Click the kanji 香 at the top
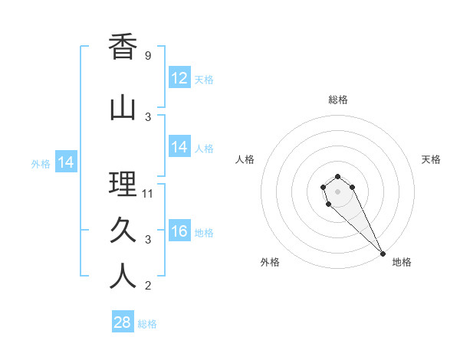(123, 47)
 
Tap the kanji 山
(123, 107)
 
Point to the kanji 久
(123, 231)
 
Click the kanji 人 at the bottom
(123, 277)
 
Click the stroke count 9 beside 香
(147, 56)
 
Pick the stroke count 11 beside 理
(148, 194)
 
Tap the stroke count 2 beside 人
(147, 286)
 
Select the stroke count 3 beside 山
(147, 116)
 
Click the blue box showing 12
(179, 78)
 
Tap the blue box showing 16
(179, 231)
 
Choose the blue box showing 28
(123, 322)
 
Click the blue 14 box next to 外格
(66, 162)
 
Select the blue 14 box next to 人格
(179, 147)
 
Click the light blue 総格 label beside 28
(147, 324)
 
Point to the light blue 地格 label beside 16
(204, 233)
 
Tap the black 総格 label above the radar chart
(338, 100)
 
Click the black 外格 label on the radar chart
(270, 262)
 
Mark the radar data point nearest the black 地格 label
(383, 253)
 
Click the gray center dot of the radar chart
(338, 191)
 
